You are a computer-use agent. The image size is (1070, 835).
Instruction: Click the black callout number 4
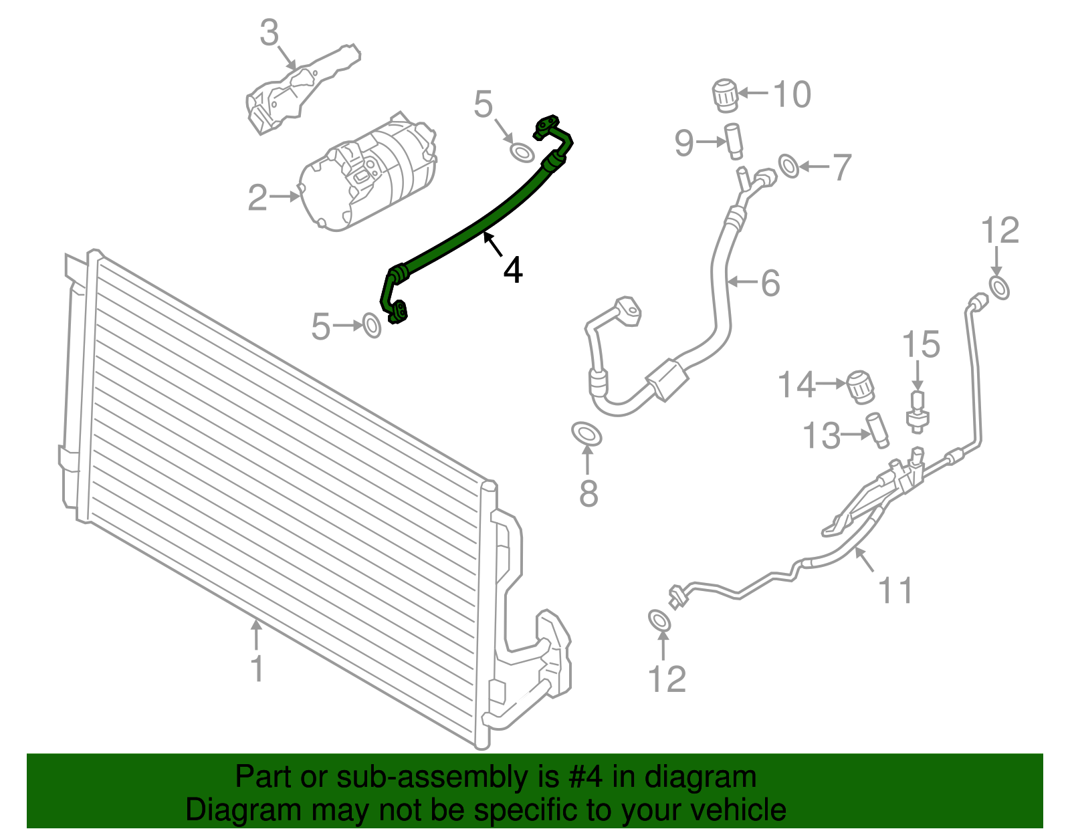pos(512,270)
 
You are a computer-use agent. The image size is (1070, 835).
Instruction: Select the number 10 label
pos(792,94)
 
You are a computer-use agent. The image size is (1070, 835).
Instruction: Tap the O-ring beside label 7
pos(789,166)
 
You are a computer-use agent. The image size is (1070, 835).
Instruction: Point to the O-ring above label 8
pos(587,435)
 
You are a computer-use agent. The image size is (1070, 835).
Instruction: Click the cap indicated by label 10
pos(724,94)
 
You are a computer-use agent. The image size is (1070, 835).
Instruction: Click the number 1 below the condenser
pos(257,669)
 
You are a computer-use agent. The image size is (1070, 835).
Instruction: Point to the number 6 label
pos(770,283)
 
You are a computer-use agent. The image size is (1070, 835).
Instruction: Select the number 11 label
pos(895,590)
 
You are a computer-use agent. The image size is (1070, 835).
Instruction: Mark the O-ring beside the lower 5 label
pos(372,326)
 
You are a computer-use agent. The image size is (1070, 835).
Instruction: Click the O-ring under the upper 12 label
pos(999,288)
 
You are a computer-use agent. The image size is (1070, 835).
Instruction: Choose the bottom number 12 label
pos(667,679)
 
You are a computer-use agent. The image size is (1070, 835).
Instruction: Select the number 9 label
pos(683,142)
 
